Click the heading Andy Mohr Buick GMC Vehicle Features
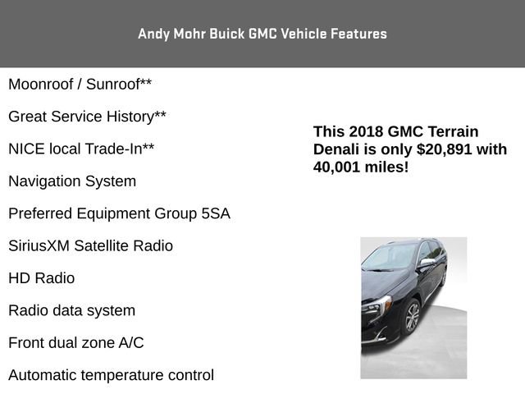point(262,34)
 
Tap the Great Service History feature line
point(87,117)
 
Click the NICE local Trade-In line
point(81,149)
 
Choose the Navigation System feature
point(72,181)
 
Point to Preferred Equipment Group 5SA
point(119,213)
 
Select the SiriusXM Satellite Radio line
point(90,245)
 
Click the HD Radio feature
point(41,278)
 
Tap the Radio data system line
point(71,310)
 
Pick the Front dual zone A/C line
point(75,343)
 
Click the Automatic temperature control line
point(111,375)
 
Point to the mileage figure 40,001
point(338,167)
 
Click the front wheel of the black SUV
point(411,317)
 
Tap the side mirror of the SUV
point(427,263)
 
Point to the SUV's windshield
point(390,258)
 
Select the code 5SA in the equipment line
point(215,213)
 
